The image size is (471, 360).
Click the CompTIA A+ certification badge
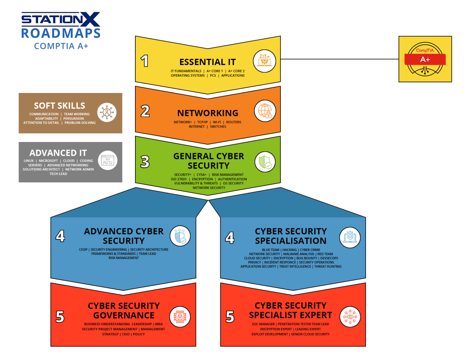pos(425,59)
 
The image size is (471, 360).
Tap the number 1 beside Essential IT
pos(144,61)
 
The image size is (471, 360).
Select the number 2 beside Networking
pos(145,111)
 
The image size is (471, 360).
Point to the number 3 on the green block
pos(145,162)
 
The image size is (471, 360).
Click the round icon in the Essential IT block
pos(264,61)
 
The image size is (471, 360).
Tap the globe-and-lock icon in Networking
pos(265,111)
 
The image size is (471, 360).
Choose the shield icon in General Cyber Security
pos(265,162)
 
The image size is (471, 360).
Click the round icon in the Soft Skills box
pos(107,112)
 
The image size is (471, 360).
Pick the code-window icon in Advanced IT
pos(108,161)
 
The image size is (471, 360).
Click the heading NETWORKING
pos(208,113)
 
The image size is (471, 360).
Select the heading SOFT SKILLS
pos(59,106)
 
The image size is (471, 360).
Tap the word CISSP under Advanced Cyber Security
pos(83,250)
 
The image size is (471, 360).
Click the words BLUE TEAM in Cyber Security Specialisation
pos(270,250)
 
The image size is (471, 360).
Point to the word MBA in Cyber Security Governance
pos(159,324)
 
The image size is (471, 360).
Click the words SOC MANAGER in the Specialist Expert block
pos(263,324)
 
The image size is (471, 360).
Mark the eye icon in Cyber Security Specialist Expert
pos(350,317)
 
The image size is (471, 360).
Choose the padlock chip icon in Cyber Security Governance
pos(180,317)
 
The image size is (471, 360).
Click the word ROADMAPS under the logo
pos(61,33)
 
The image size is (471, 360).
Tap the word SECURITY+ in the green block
pos(183,175)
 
